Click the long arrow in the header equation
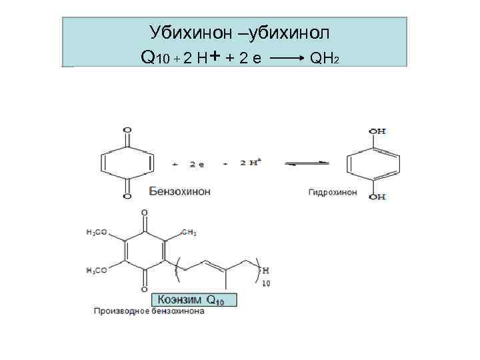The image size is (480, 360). [x=287, y=59]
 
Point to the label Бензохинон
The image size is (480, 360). [x=179, y=191]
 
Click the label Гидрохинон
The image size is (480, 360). [x=333, y=192]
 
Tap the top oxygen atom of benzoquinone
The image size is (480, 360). [x=127, y=131]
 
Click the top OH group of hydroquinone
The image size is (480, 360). [x=378, y=131]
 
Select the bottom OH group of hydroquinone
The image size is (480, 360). [x=378, y=197]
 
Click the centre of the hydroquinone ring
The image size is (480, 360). [x=373, y=164]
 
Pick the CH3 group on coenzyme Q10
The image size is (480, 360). [x=189, y=233]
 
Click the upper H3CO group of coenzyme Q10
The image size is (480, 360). [x=97, y=233]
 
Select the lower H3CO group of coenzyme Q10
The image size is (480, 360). [x=97, y=270]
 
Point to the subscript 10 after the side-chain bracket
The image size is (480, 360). [x=267, y=283]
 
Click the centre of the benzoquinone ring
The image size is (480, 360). [x=127, y=163]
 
